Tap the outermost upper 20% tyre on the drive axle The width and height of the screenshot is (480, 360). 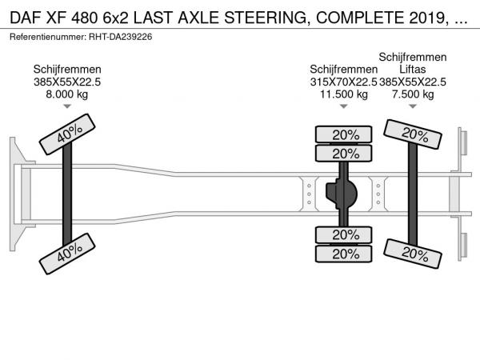click(x=345, y=134)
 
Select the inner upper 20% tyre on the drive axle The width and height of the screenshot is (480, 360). click(x=345, y=154)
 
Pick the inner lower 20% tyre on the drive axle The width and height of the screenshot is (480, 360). click(x=345, y=234)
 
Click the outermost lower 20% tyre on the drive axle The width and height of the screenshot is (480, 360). click(x=345, y=254)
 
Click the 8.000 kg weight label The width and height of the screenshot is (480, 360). click(x=67, y=94)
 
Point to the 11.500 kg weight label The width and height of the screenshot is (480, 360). click(x=345, y=94)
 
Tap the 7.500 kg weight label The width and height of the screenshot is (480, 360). click(x=413, y=94)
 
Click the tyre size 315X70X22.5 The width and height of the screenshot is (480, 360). click(x=343, y=82)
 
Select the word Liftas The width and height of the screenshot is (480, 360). click(x=413, y=70)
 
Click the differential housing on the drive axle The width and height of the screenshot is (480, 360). click(x=344, y=194)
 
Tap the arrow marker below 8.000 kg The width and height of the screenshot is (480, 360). click(x=67, y=106)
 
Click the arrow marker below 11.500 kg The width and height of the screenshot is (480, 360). click(x=345, y=106)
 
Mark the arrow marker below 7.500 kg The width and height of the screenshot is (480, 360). click(x=413, y=106)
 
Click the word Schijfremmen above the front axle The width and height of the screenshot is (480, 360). click(x=67, y=70)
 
